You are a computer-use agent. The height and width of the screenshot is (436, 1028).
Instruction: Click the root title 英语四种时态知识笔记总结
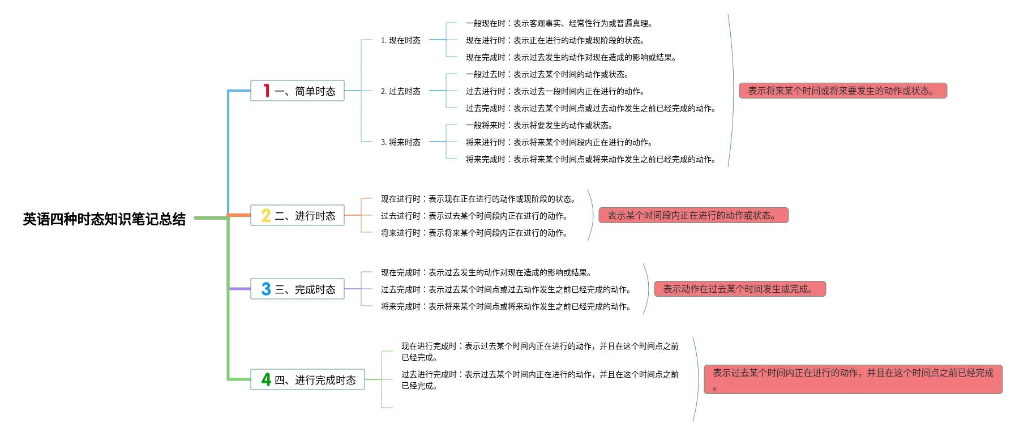[x=104, y=219]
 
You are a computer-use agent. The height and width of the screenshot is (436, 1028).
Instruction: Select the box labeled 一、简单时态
[x=297, y=91]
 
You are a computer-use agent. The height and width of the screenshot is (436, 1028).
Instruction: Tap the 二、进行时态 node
[x=297, y=215]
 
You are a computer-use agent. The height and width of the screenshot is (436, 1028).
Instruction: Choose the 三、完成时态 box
[x=297, y=289]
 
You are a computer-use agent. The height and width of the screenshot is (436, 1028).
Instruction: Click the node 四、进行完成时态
[x=307, y=379]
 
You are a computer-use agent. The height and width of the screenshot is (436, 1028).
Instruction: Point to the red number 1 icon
[x=266, y=91]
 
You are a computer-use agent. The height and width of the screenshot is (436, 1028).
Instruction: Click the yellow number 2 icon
[x=266, y=215]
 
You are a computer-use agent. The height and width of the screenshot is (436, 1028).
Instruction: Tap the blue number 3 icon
[x=266, y=289]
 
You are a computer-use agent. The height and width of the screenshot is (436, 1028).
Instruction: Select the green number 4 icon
[x=266, y=379]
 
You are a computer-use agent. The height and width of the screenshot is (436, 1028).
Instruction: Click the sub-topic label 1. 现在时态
[x=401, y=40]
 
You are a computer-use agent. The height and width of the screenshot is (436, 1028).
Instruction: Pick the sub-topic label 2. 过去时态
[x=401, y=91]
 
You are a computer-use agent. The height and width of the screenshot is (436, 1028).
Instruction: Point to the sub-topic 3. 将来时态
[x=401, y=142]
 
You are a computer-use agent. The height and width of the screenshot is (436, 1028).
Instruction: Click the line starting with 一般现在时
[x=560, y=23]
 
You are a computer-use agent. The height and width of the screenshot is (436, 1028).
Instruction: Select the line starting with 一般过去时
[x=547, y=74]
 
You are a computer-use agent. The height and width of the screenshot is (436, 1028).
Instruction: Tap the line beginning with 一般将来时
[x=539, y=125]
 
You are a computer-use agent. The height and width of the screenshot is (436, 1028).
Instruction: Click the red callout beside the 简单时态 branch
[x=843, y=91]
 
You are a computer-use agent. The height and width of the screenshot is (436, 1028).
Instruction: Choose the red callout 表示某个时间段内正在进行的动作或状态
[x=693, y=215]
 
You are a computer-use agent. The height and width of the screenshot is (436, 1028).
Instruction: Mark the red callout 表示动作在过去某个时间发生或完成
[x=740, y=289]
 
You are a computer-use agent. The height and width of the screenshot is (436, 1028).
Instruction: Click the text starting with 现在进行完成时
[x=540, y=352]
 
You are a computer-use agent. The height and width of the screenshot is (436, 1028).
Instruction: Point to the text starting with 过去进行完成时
[x=540, y=380]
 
